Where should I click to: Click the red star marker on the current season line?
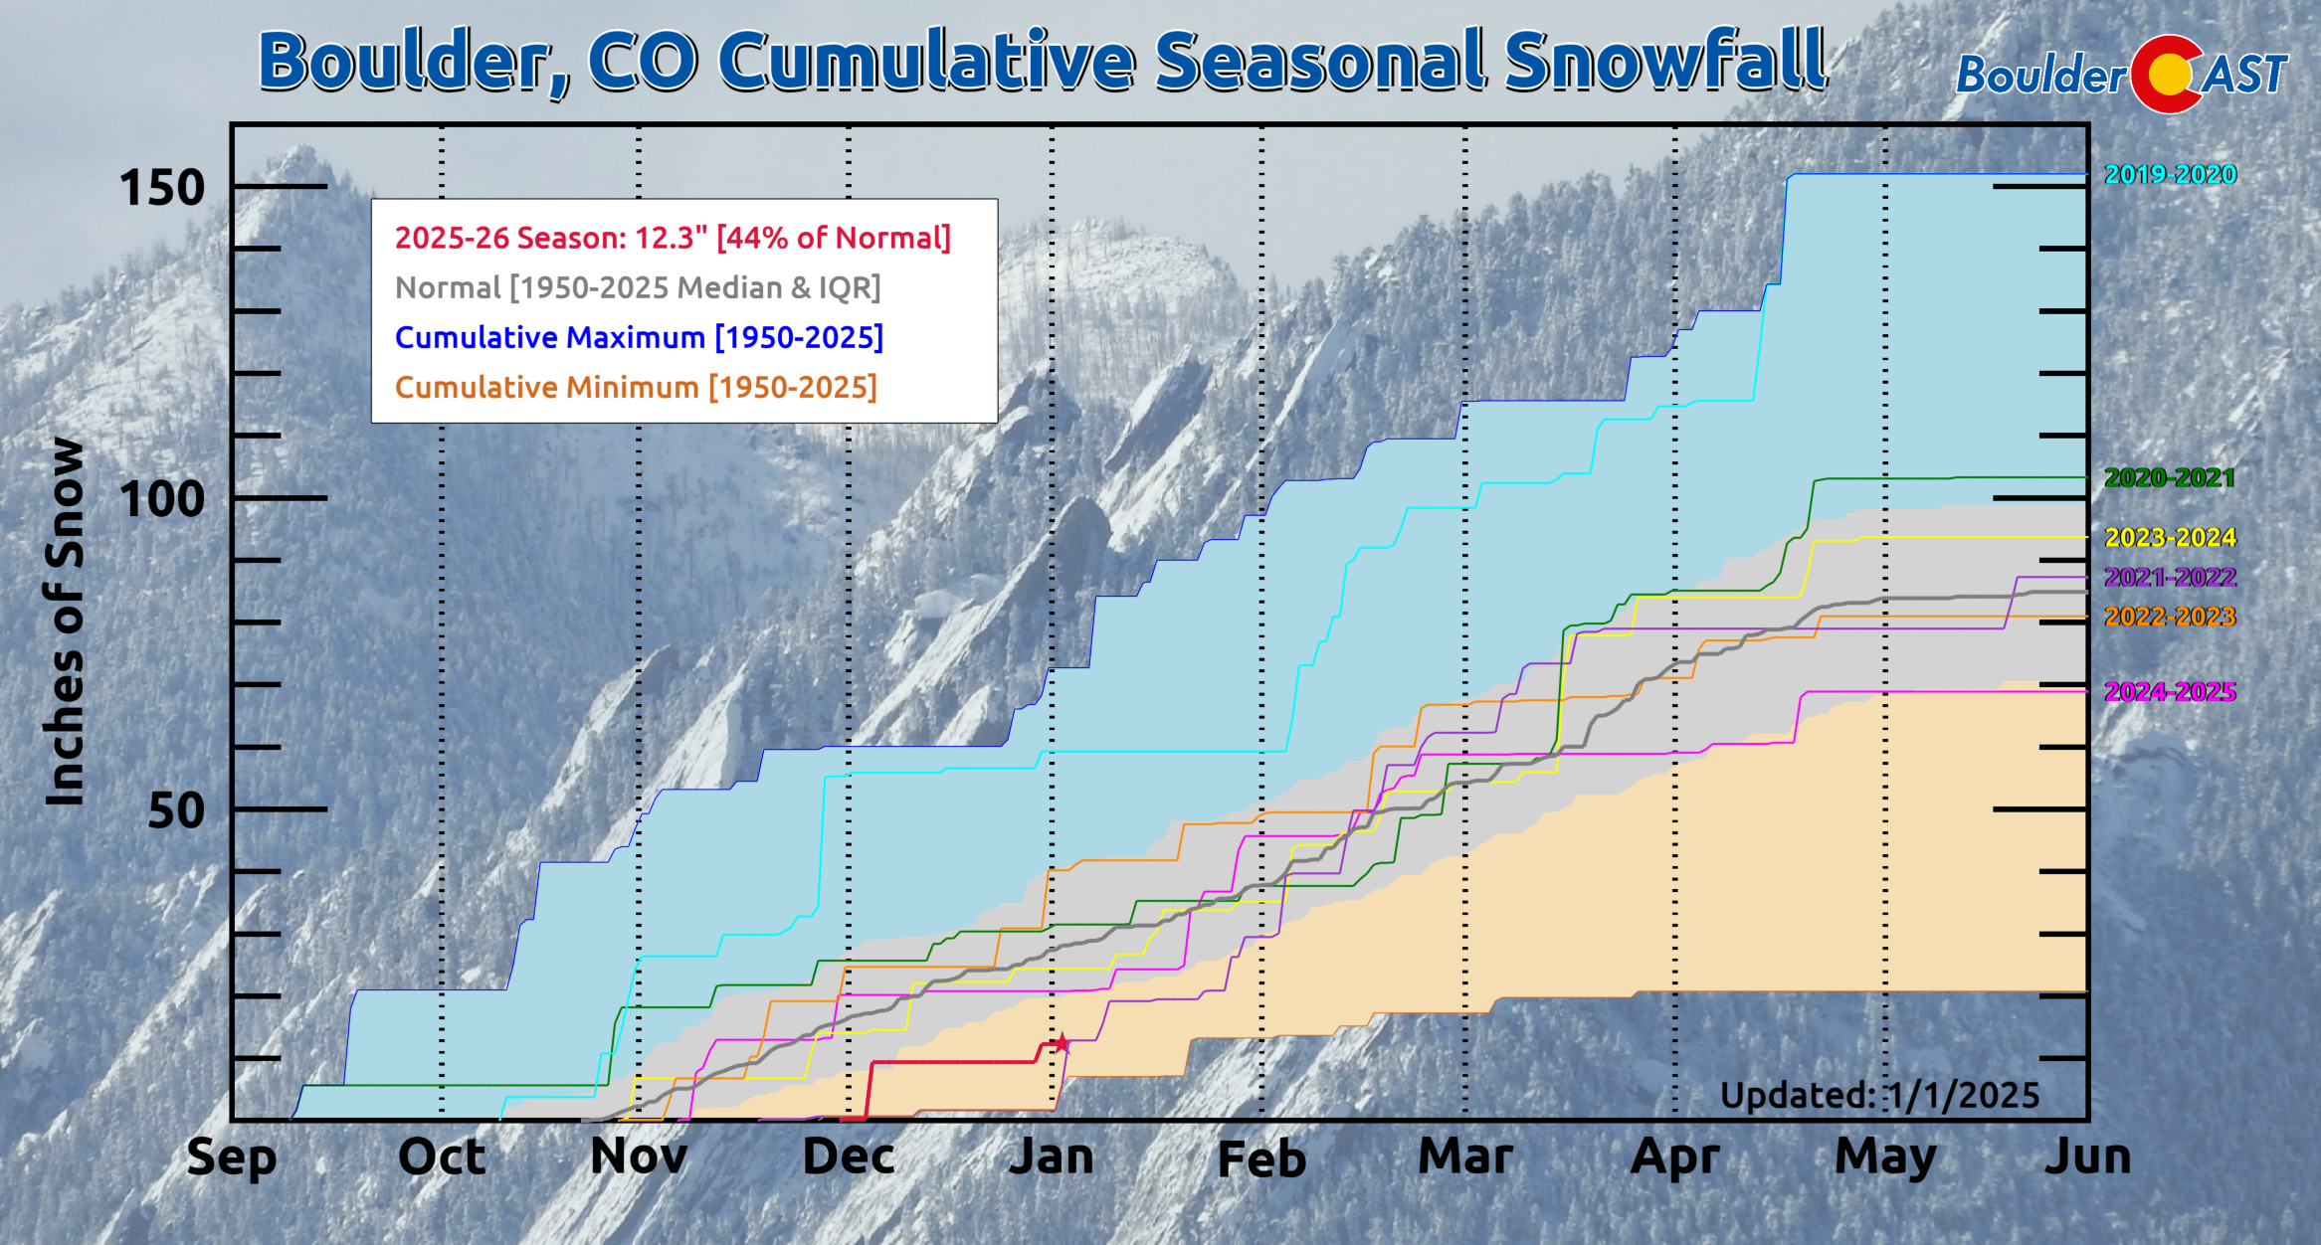tap(1062, 1042)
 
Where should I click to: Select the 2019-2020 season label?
tap(2170, 175)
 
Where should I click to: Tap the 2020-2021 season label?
tap(2169, 478)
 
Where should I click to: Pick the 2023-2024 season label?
tap(2170, 538)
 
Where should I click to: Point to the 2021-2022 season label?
tap(2170, 578)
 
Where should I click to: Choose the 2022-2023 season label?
tap(2170, 618)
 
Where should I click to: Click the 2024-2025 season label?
tap(2170, 692)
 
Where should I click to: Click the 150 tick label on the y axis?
tap(161, 188)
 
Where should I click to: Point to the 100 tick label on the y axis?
tap(161, 499)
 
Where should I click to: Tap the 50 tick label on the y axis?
tap(176, 810)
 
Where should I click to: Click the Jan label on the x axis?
tap(1052, 1156)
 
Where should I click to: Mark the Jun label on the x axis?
tap(2087, 1156)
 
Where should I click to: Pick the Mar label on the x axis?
tap(1465, 1156)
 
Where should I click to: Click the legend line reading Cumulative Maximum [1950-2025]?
tap(639, 338)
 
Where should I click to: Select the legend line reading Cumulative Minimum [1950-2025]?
tap(636, 388)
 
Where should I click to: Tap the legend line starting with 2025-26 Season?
tap(673, 239)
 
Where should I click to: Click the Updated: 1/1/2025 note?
tap(1879, 1096)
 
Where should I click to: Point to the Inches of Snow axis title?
tap(66, 622)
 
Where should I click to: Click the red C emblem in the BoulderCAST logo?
tap(2167, 74)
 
